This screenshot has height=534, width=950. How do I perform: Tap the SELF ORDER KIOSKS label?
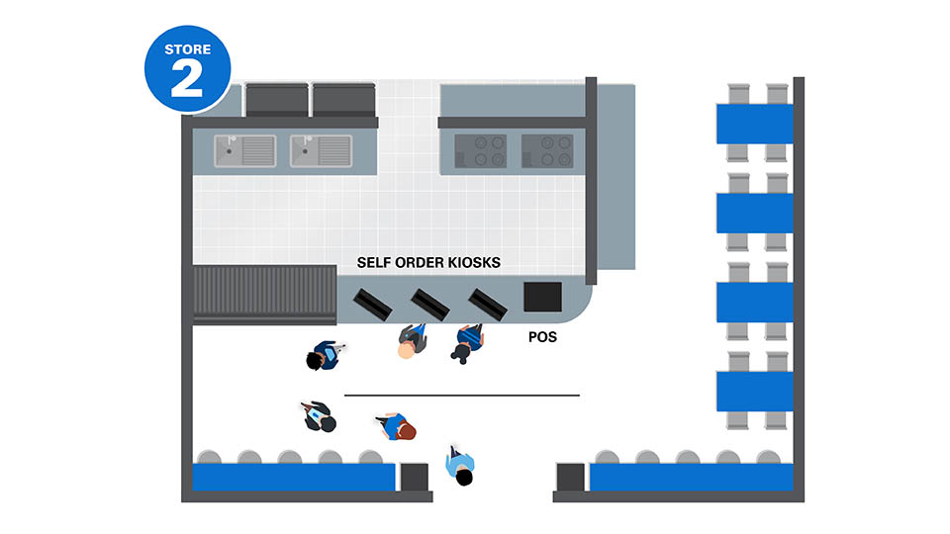[428, 264]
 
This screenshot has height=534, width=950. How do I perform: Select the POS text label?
[542, 337]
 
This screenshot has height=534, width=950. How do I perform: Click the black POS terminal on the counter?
[542, 297]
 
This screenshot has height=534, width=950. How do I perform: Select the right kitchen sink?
[321, 151]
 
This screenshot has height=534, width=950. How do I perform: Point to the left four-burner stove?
[480, 151]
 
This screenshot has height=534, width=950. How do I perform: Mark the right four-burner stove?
[547, 151]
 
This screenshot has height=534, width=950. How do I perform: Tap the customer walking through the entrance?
[460, 466]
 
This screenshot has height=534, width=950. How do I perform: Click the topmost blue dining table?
[754, 124]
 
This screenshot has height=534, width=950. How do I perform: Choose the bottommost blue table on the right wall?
[754, 391]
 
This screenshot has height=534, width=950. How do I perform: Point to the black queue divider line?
[461, 396]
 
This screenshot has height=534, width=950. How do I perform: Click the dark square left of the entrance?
[414, 477]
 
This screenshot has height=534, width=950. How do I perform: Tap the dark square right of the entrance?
[570, 477]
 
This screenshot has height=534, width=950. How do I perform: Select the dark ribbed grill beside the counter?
[262, 293]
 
